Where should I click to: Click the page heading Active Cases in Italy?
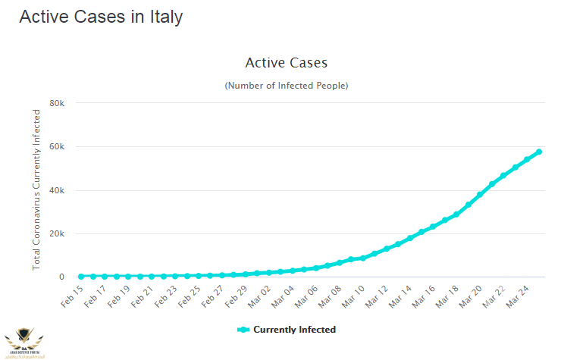pyautogui.click(x=101, y=17)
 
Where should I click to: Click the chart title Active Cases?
pyautogui.click(x=286, y=62)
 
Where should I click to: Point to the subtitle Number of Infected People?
pyautogui.click(x=286, y=86)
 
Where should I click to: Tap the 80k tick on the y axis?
pyautogui.click(x=57, y=103)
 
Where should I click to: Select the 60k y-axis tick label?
pyautogui.click(x=57, y=146)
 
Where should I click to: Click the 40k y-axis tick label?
pyautogui.click(x=57, y=190)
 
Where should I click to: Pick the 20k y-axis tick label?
pyautogui.click(x=57, y=233)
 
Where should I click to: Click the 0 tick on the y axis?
pyautogui.click(x=61, y=277)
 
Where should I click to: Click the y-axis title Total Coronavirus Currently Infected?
pyautogui.click(x=36, y=189)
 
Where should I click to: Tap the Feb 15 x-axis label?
pyautogui.click(x=72, y=295)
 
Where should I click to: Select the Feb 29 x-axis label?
pyautogui.click(x=236, y=295)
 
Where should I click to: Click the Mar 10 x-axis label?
pyautogui.click(x=353, y=295)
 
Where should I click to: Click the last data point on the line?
pyautogui.click(x=539, y=152)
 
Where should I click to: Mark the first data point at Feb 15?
pyautogui.click(x=81, y=277)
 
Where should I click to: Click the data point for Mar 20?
pyautogui.click(x=480, y=194)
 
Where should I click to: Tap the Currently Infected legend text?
pyautogui.click(x=294, y=330)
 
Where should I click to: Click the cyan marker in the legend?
pyautogui.click(x=243, y=330)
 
